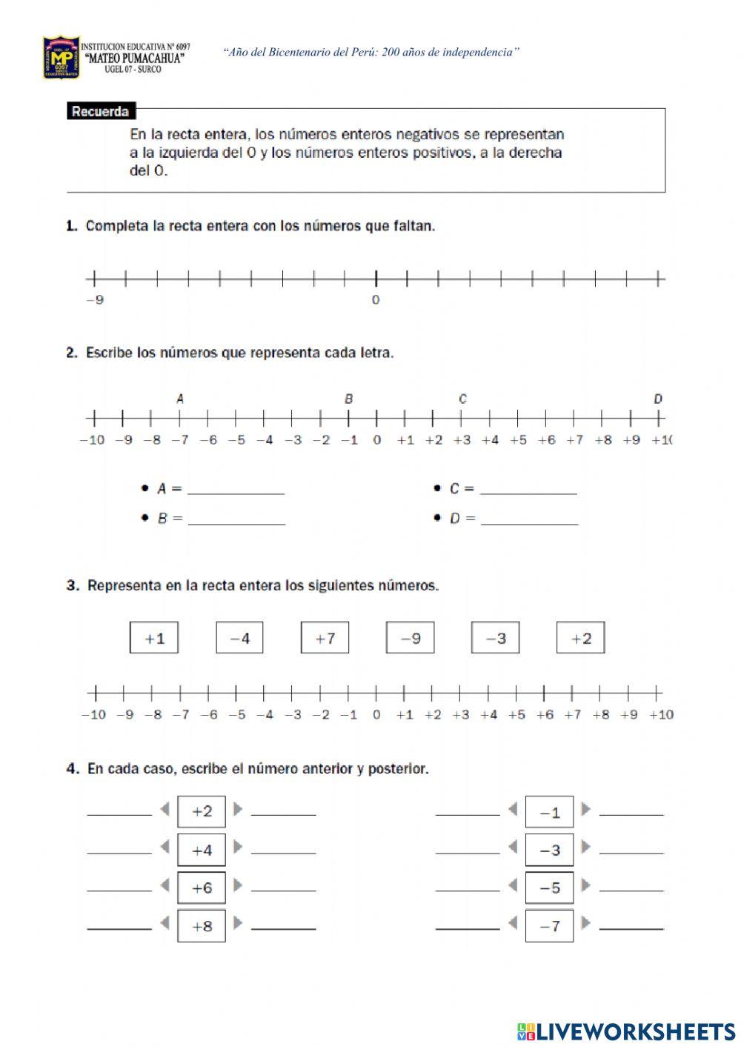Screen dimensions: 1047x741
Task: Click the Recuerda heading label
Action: tap(101, 112)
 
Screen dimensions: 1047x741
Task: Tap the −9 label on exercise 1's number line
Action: tap(94, 300)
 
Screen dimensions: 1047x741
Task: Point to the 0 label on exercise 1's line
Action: tap(376, 300)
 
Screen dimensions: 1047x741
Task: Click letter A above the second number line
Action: tap(180, 399)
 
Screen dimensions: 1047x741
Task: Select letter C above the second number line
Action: tap(462, 399)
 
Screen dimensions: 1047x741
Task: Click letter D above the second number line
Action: tap(658, 399)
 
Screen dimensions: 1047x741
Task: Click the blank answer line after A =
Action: tap(236, 492)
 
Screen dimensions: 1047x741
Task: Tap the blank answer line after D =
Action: tap(529, 522)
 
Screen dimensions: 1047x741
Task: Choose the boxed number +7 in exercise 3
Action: tap(325, 638)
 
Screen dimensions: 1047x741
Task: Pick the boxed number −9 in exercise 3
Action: tap(410, 638)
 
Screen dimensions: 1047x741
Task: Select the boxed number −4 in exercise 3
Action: tap(239, 638)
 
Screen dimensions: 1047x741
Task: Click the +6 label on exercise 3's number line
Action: tap(545, 715)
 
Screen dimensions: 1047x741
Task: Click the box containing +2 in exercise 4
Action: tap(202, 811)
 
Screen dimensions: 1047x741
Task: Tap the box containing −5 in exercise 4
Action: tap(549, 888)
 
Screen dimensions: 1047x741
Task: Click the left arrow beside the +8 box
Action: tap(165, 923)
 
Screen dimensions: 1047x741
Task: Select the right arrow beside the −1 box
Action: tap(586, 809)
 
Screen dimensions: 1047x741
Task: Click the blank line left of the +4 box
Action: tap(119, 852)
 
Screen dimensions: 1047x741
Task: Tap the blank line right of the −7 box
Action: tap(631, 928)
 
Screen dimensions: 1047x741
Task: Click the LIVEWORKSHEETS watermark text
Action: tap(626, 1031)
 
